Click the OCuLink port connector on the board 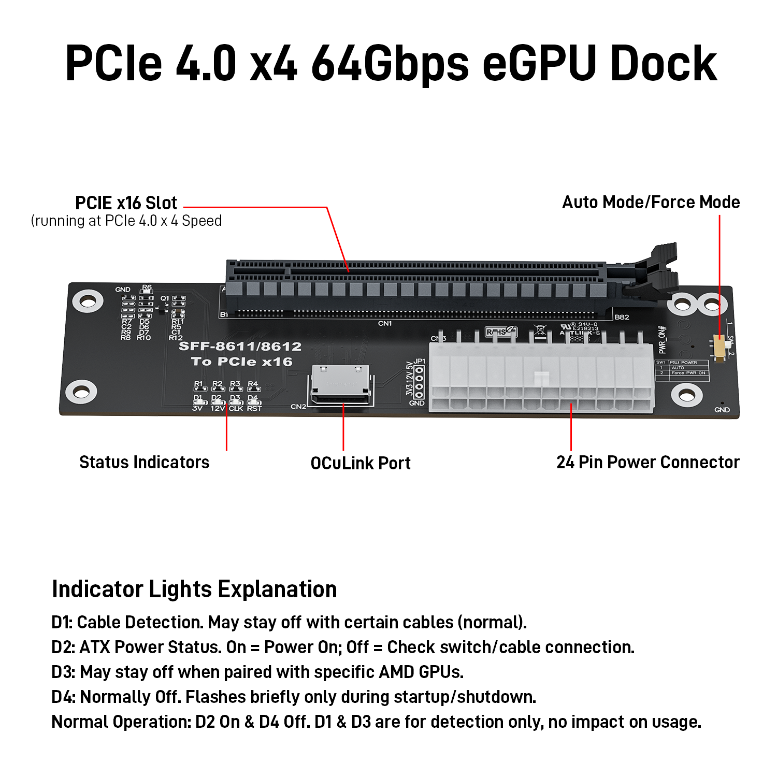[x=341, y=385]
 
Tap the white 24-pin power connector [x=541, y=378]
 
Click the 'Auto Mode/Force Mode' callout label [x=651, y=202]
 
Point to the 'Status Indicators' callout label [x=144, y=462]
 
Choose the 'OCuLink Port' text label [x=360, y=463]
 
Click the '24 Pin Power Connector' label [x=647, y=462]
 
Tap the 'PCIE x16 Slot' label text [x=126, y=203]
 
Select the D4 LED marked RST [x=253, y=402]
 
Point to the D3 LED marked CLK [x=236, y=402]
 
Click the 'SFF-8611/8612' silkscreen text [x=240, y=347]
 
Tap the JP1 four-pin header [x=419, y=382]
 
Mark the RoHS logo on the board [x=500, y=332]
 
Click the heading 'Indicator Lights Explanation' [x=194, y=589]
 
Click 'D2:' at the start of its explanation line [x=63, y=647]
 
